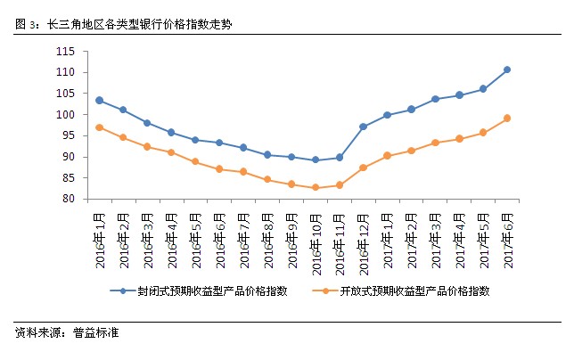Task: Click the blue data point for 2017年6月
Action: tap(507, 70)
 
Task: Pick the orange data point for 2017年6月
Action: tap(507, 118)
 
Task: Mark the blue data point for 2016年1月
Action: tap(99, 100)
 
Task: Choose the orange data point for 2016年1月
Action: tap(99, 127)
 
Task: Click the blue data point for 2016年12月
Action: tap(363, 127)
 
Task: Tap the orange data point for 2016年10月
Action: tap(315, 187)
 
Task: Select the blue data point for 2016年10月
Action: tap(315, 160)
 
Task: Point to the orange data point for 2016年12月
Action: tap(363, 168)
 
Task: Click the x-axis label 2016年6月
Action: tap(219, 234)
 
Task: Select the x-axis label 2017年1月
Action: tap(388, 234)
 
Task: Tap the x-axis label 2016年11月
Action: tap(340, 237)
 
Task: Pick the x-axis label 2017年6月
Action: tap(508, 234)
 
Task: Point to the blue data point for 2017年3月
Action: tap(435, 99)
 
